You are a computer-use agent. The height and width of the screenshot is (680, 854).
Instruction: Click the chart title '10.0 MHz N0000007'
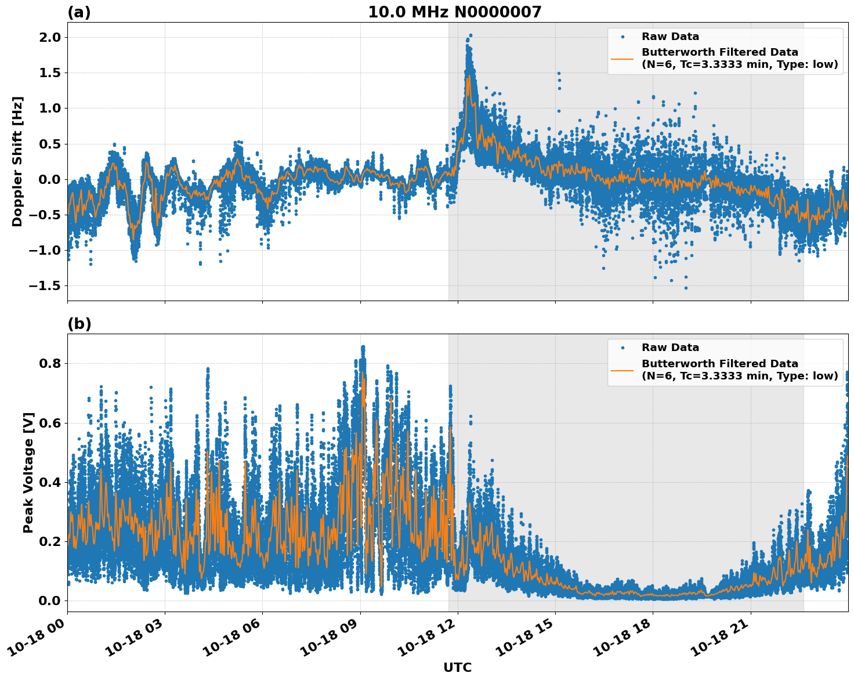pyautogui.click(x=454, y=12)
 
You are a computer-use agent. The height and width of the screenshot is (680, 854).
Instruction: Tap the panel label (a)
pyautogui.click(x=79, y=12)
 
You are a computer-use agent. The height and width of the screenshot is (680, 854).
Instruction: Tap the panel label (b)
pyautogui.click(x=79, y=324)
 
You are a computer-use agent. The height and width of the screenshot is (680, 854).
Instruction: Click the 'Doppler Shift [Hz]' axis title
pyautogui.click(x=17, y=161)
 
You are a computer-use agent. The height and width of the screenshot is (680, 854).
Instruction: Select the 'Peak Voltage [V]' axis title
pyautogui.click(x=28, y=472)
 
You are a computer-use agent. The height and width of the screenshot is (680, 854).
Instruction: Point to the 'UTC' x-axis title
pyautogui.click(x=457, y=667)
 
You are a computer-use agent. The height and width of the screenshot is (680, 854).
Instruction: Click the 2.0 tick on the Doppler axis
pyautogui.click(x=49, y=37)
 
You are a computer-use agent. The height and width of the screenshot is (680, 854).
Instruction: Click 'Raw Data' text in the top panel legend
pyautogui.click(x=670, y=37)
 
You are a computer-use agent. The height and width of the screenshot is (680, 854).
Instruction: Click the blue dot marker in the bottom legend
pyautogui.click(x=623, y=348)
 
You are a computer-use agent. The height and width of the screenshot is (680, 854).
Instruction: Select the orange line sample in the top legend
pyautogui.click(x=623, y=58)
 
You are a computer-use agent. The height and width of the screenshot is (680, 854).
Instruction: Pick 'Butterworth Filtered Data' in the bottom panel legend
pyautogui.click(x=719, y=364)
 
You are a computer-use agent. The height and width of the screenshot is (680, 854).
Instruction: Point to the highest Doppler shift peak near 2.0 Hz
pyautogui.click(x=470, y=35)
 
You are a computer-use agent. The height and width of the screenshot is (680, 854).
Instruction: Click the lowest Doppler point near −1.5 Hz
pyautogui.click(x=686, y=288)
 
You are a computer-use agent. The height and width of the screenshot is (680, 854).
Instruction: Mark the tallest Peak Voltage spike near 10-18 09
pyautogui.click(x=363, y=347)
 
